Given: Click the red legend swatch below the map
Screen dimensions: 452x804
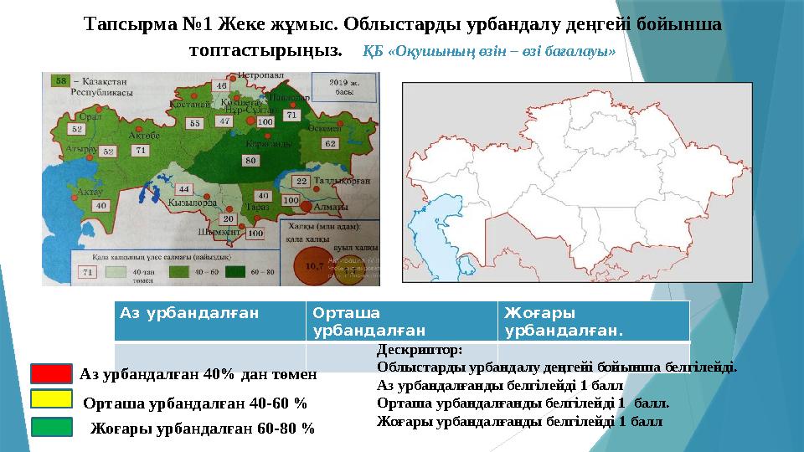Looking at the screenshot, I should tap(51, 374).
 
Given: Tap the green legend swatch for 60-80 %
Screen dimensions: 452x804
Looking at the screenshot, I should tap(51, 428).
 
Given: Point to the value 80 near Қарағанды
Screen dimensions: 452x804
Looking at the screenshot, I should tap(250, 159).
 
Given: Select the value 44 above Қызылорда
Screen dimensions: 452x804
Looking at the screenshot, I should tap(184, 189).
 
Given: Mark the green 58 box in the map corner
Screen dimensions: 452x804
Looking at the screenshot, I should tap(61, 80).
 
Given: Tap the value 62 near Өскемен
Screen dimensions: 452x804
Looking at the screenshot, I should tap(330, 143).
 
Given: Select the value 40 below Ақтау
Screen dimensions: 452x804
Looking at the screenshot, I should tap(100, 205).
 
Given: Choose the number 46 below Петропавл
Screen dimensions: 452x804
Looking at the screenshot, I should tap(221, 85).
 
